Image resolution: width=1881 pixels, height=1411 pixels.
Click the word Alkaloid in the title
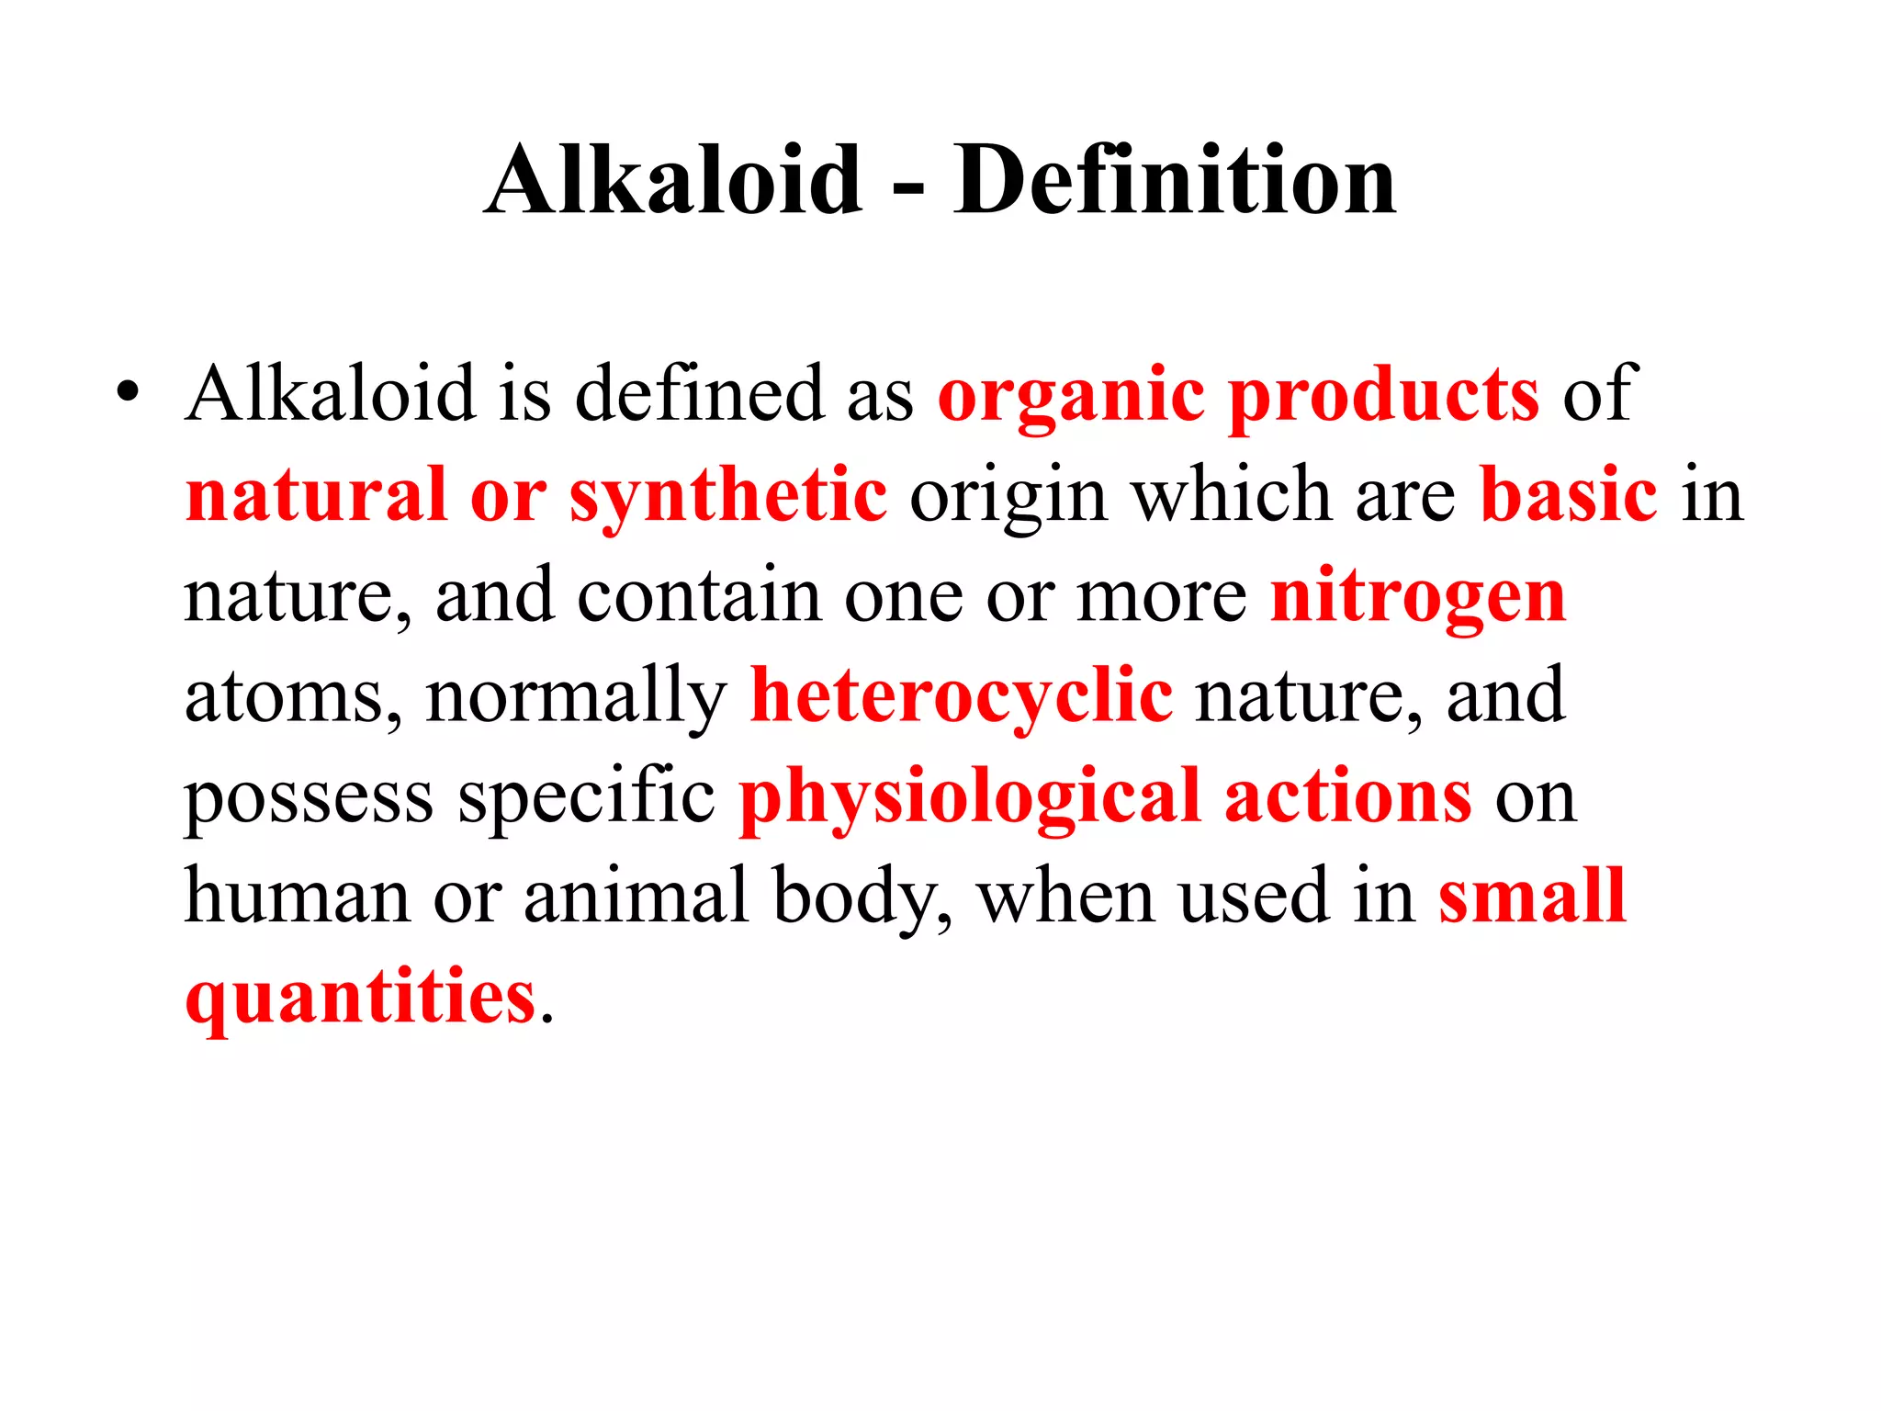(674, 181)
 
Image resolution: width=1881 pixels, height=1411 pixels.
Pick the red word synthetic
(728, 497)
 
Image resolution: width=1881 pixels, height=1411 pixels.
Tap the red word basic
(1569, 495)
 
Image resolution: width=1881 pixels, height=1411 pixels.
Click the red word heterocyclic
(962, 696)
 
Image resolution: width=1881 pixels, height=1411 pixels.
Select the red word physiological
(970, 797)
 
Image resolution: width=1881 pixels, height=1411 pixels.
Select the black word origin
(1008, 497)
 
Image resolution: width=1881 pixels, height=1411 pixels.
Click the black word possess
(309, 797)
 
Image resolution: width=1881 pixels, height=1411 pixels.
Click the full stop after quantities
(547, 1018)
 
